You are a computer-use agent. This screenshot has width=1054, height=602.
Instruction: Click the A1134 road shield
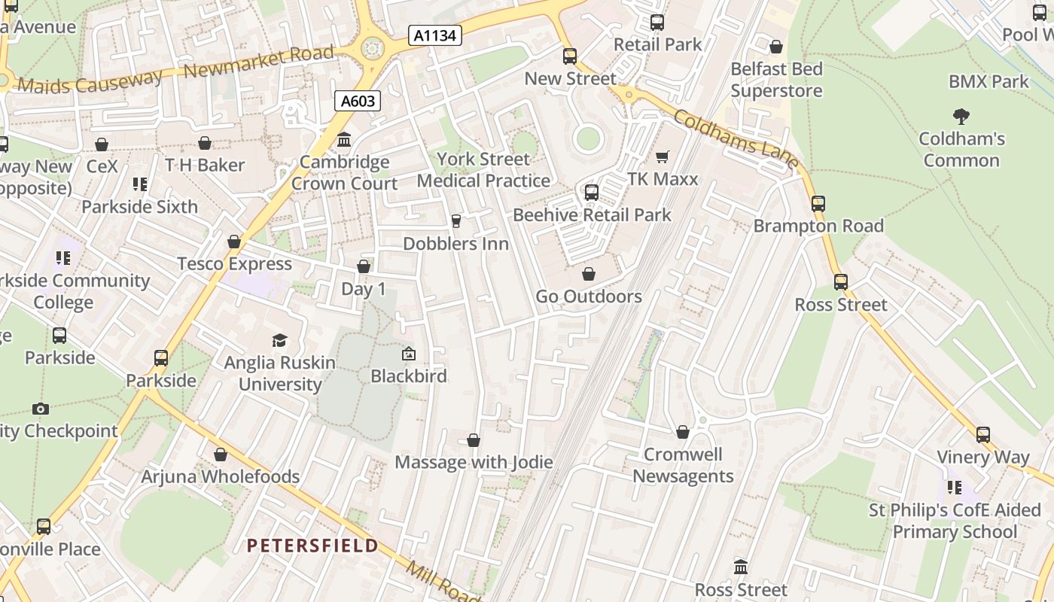(435, 35)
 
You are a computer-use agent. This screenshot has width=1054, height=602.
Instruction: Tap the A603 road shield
(358, 101)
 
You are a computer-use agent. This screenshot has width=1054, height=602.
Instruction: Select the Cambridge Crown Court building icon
(345, 140)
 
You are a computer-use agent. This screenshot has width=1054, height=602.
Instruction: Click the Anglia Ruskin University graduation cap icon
(280, 341)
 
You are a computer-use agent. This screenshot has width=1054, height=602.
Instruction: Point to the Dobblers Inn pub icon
(455, 221)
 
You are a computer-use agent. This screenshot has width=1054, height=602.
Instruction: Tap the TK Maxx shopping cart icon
(663, 157)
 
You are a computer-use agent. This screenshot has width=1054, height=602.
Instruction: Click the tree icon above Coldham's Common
(961, 117)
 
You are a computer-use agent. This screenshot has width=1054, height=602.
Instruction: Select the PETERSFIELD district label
(312, 546)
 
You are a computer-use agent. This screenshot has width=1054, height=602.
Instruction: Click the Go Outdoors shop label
(589, 296)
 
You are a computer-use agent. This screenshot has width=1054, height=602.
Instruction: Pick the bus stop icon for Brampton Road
(818, 203)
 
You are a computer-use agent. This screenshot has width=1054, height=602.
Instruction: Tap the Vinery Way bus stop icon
(983, 434)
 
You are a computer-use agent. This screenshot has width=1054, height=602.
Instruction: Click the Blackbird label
(409, 375)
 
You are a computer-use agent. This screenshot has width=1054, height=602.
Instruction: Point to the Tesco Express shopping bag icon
(234, 242)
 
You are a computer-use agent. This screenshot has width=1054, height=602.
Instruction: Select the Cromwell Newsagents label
(683, 465)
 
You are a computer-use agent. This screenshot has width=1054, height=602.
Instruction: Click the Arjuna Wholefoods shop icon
(221, 455)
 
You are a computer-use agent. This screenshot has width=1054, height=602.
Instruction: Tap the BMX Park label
(988, 81)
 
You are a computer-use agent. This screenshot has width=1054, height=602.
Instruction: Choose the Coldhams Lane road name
(736, 140)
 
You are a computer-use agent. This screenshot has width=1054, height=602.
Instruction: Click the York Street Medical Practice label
(483, 170)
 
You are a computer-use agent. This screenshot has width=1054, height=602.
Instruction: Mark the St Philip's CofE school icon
(955, 488)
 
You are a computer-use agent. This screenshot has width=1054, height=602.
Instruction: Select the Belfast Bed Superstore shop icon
(776, 47)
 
